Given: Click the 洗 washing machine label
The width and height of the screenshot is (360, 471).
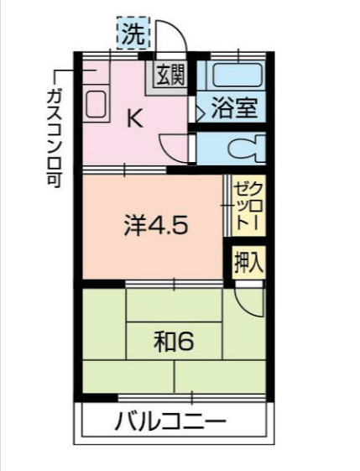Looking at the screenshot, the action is [133, 34].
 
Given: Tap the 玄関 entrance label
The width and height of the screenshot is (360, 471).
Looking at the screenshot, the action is [170, 74].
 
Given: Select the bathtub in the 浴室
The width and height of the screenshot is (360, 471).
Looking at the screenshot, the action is [237, 75].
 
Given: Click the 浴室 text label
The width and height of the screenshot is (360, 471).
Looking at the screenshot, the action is [234, 107].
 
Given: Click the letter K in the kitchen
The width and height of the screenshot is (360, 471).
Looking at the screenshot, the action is [134, 118].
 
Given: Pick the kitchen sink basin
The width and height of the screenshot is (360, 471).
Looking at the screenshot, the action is [96, 103].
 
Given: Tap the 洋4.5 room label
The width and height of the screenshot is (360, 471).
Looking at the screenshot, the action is [156, 225].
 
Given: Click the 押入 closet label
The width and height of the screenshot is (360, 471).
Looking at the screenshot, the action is [248, 262].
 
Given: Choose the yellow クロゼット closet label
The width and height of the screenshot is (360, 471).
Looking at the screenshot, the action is [248, 206].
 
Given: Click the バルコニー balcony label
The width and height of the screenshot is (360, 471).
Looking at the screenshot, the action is [170, 421].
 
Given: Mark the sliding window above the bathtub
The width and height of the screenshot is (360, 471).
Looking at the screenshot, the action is [237, 56].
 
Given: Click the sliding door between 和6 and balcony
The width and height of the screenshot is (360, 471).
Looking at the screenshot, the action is [192, 397].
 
